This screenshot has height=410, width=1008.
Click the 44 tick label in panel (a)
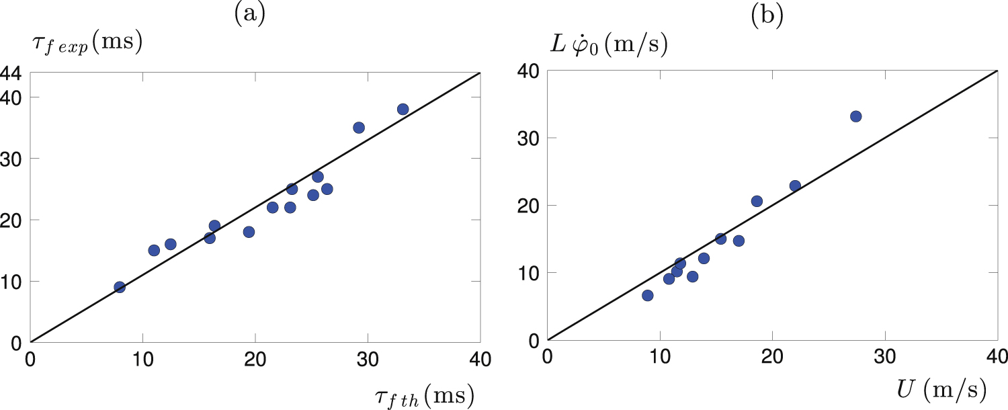coord(13,74)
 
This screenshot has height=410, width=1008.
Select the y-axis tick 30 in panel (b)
coord(530,138)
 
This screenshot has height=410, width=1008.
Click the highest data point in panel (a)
coord(403,109)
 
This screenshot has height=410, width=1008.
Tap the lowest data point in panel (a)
coord(120,287)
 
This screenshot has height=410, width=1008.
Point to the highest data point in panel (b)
coord(855,116)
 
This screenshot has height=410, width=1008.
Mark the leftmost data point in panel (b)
coord(647,295)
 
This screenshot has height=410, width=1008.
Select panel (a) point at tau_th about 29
coord(358,128)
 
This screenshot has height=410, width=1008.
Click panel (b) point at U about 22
coord(795,186)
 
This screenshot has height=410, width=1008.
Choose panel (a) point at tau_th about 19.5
coord(249,232)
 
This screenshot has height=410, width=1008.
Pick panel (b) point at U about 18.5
coord(757,201)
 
